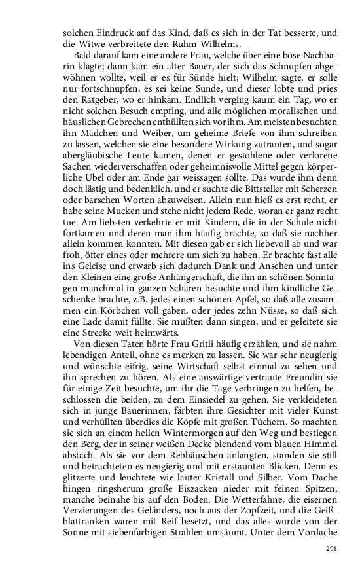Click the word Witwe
point(87,44)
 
